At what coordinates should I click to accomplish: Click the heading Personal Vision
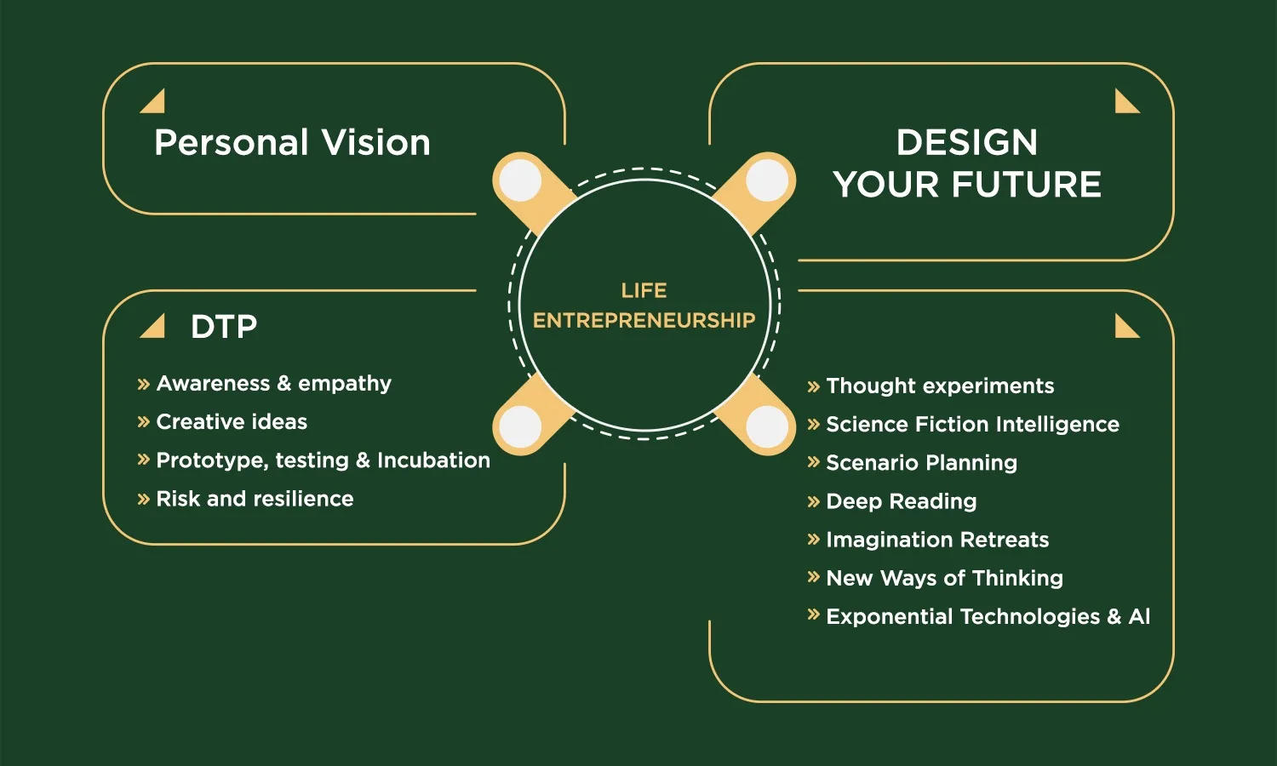pos(292,142)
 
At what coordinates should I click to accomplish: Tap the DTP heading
pos(223,327)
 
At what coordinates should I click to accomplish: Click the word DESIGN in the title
pos(967,142)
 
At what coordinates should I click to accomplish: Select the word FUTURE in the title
pos(1026,184)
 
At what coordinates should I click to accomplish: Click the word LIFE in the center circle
pos(644,291)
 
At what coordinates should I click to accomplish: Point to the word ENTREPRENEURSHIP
pos(644,320)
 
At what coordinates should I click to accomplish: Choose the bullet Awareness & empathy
pos(273,384)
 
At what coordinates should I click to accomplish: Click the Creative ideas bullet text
pos(232,422)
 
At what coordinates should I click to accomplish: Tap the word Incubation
pos(433,460)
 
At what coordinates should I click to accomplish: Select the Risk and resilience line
pos(255,499)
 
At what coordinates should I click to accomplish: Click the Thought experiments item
pos(940,386)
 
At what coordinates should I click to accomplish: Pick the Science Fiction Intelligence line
pos(972,424)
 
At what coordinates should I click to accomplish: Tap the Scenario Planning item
pos(921,463)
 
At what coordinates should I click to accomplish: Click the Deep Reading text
pos(902,501)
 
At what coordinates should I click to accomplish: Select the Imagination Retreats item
pos(937,540)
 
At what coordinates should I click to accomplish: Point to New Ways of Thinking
pos(945,578)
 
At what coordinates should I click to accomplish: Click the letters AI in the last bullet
pos(1139,616)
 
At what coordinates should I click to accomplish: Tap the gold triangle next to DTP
pos(152,326)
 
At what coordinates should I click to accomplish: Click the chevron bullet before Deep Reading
pos(814,501)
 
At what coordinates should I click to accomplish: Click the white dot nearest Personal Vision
pos(520,180)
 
